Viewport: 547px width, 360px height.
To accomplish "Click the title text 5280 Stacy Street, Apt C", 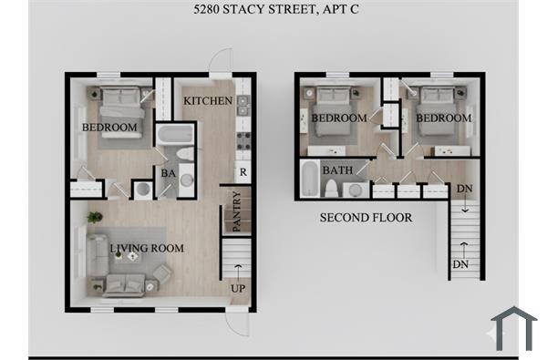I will click(273, 12).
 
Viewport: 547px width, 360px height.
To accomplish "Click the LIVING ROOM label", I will click(147, 248).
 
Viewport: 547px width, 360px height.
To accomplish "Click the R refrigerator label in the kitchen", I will click(242, 171).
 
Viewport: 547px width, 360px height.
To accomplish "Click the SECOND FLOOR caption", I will click(366, 218).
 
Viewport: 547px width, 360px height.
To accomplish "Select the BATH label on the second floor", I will click(336, 170).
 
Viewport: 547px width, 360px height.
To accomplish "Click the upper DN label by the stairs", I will click(464, 189).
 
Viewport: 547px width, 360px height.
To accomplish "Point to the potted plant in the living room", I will click(94, 217).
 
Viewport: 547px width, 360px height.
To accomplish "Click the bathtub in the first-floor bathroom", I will click(171, 138).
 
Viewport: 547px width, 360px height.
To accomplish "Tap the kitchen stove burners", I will click(243, 140).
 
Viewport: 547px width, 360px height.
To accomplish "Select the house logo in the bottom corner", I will click(513, 329).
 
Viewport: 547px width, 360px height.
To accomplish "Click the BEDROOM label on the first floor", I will click(109, 127).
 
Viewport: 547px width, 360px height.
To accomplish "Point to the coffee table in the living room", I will click(133, 256).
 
